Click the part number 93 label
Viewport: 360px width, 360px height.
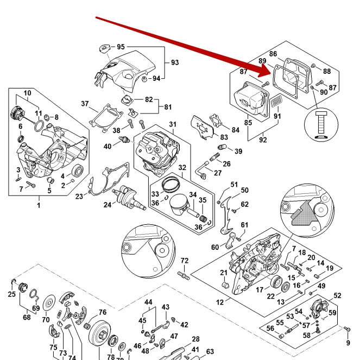click(175, 62)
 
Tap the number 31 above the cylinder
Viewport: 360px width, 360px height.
click(173, 125)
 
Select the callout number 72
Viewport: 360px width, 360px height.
click(185, 261)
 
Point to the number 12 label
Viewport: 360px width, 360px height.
click(220, 302)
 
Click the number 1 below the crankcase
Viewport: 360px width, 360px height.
click(39, 205)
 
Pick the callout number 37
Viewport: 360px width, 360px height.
click(85, 104)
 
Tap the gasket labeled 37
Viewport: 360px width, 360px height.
click(103, 117)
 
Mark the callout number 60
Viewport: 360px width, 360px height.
click(215, 248)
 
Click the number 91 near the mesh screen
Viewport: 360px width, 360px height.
click(277, 115)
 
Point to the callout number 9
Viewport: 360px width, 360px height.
click(348, 343)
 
